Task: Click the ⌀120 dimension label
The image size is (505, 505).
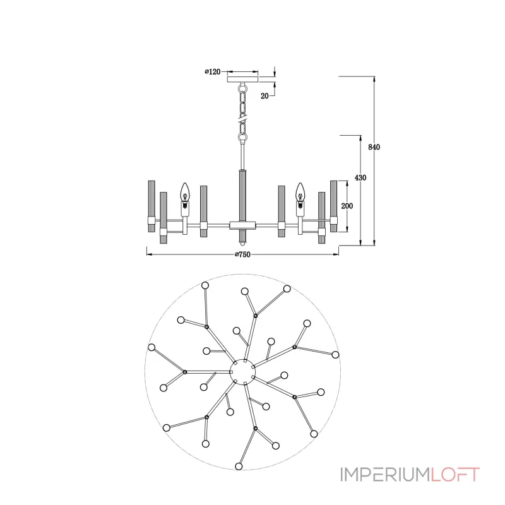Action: (213, 71)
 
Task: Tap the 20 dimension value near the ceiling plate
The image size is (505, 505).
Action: (264, 96)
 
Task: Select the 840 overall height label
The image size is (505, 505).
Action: (374, 147)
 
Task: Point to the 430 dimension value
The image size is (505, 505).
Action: (360, 178)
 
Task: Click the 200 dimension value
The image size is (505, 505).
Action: (347, 206)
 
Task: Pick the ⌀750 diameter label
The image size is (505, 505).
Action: (242, 254)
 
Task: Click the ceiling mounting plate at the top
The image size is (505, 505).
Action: (243, 80)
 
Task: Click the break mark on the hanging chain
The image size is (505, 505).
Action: (242, 121)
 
